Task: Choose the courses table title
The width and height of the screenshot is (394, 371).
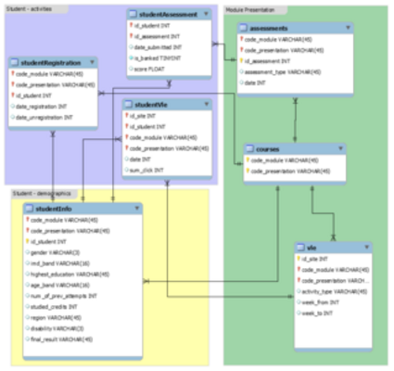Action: tap(268, 147)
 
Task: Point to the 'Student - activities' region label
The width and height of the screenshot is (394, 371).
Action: tap(30, 6)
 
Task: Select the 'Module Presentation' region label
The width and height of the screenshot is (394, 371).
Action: tap(250, 6)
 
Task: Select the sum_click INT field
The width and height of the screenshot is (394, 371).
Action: tap(146, 171)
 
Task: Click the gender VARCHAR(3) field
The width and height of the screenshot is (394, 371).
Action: tap(55, 251)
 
